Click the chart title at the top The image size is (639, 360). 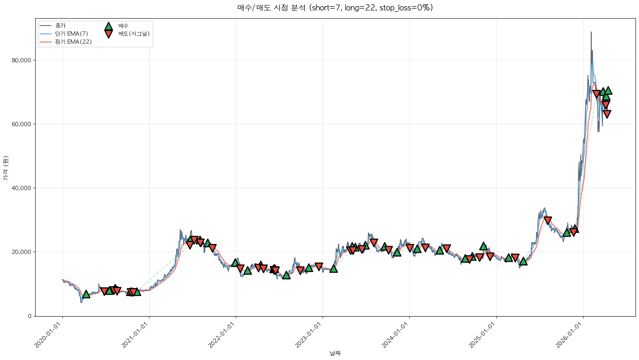pyautogui.click(x=335, y=8)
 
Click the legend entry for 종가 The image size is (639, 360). pyautogui.click(x=60, y=26)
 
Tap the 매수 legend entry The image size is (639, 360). pyautogui.click(x=123, y=26)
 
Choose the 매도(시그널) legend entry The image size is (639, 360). pyautogui.click(x=134, y=34)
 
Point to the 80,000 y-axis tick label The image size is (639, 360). pyautogui.click(x=22, y=60)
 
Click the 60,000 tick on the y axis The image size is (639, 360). pyautogui.click(x=22, y=124)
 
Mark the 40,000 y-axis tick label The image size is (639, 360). pyautogui.click(x=22, y=188)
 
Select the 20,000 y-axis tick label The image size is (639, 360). pyautogui.click(x=22, y=252)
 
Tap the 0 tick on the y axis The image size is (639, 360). pyautogui.click(x=30, y=316)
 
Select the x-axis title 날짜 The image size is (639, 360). pyautogui.click(x=335, y=353)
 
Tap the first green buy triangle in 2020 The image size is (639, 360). pyautogui.click(x=86, y=294)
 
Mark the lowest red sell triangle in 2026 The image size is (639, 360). pyautogui.click(x=607, y=114)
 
